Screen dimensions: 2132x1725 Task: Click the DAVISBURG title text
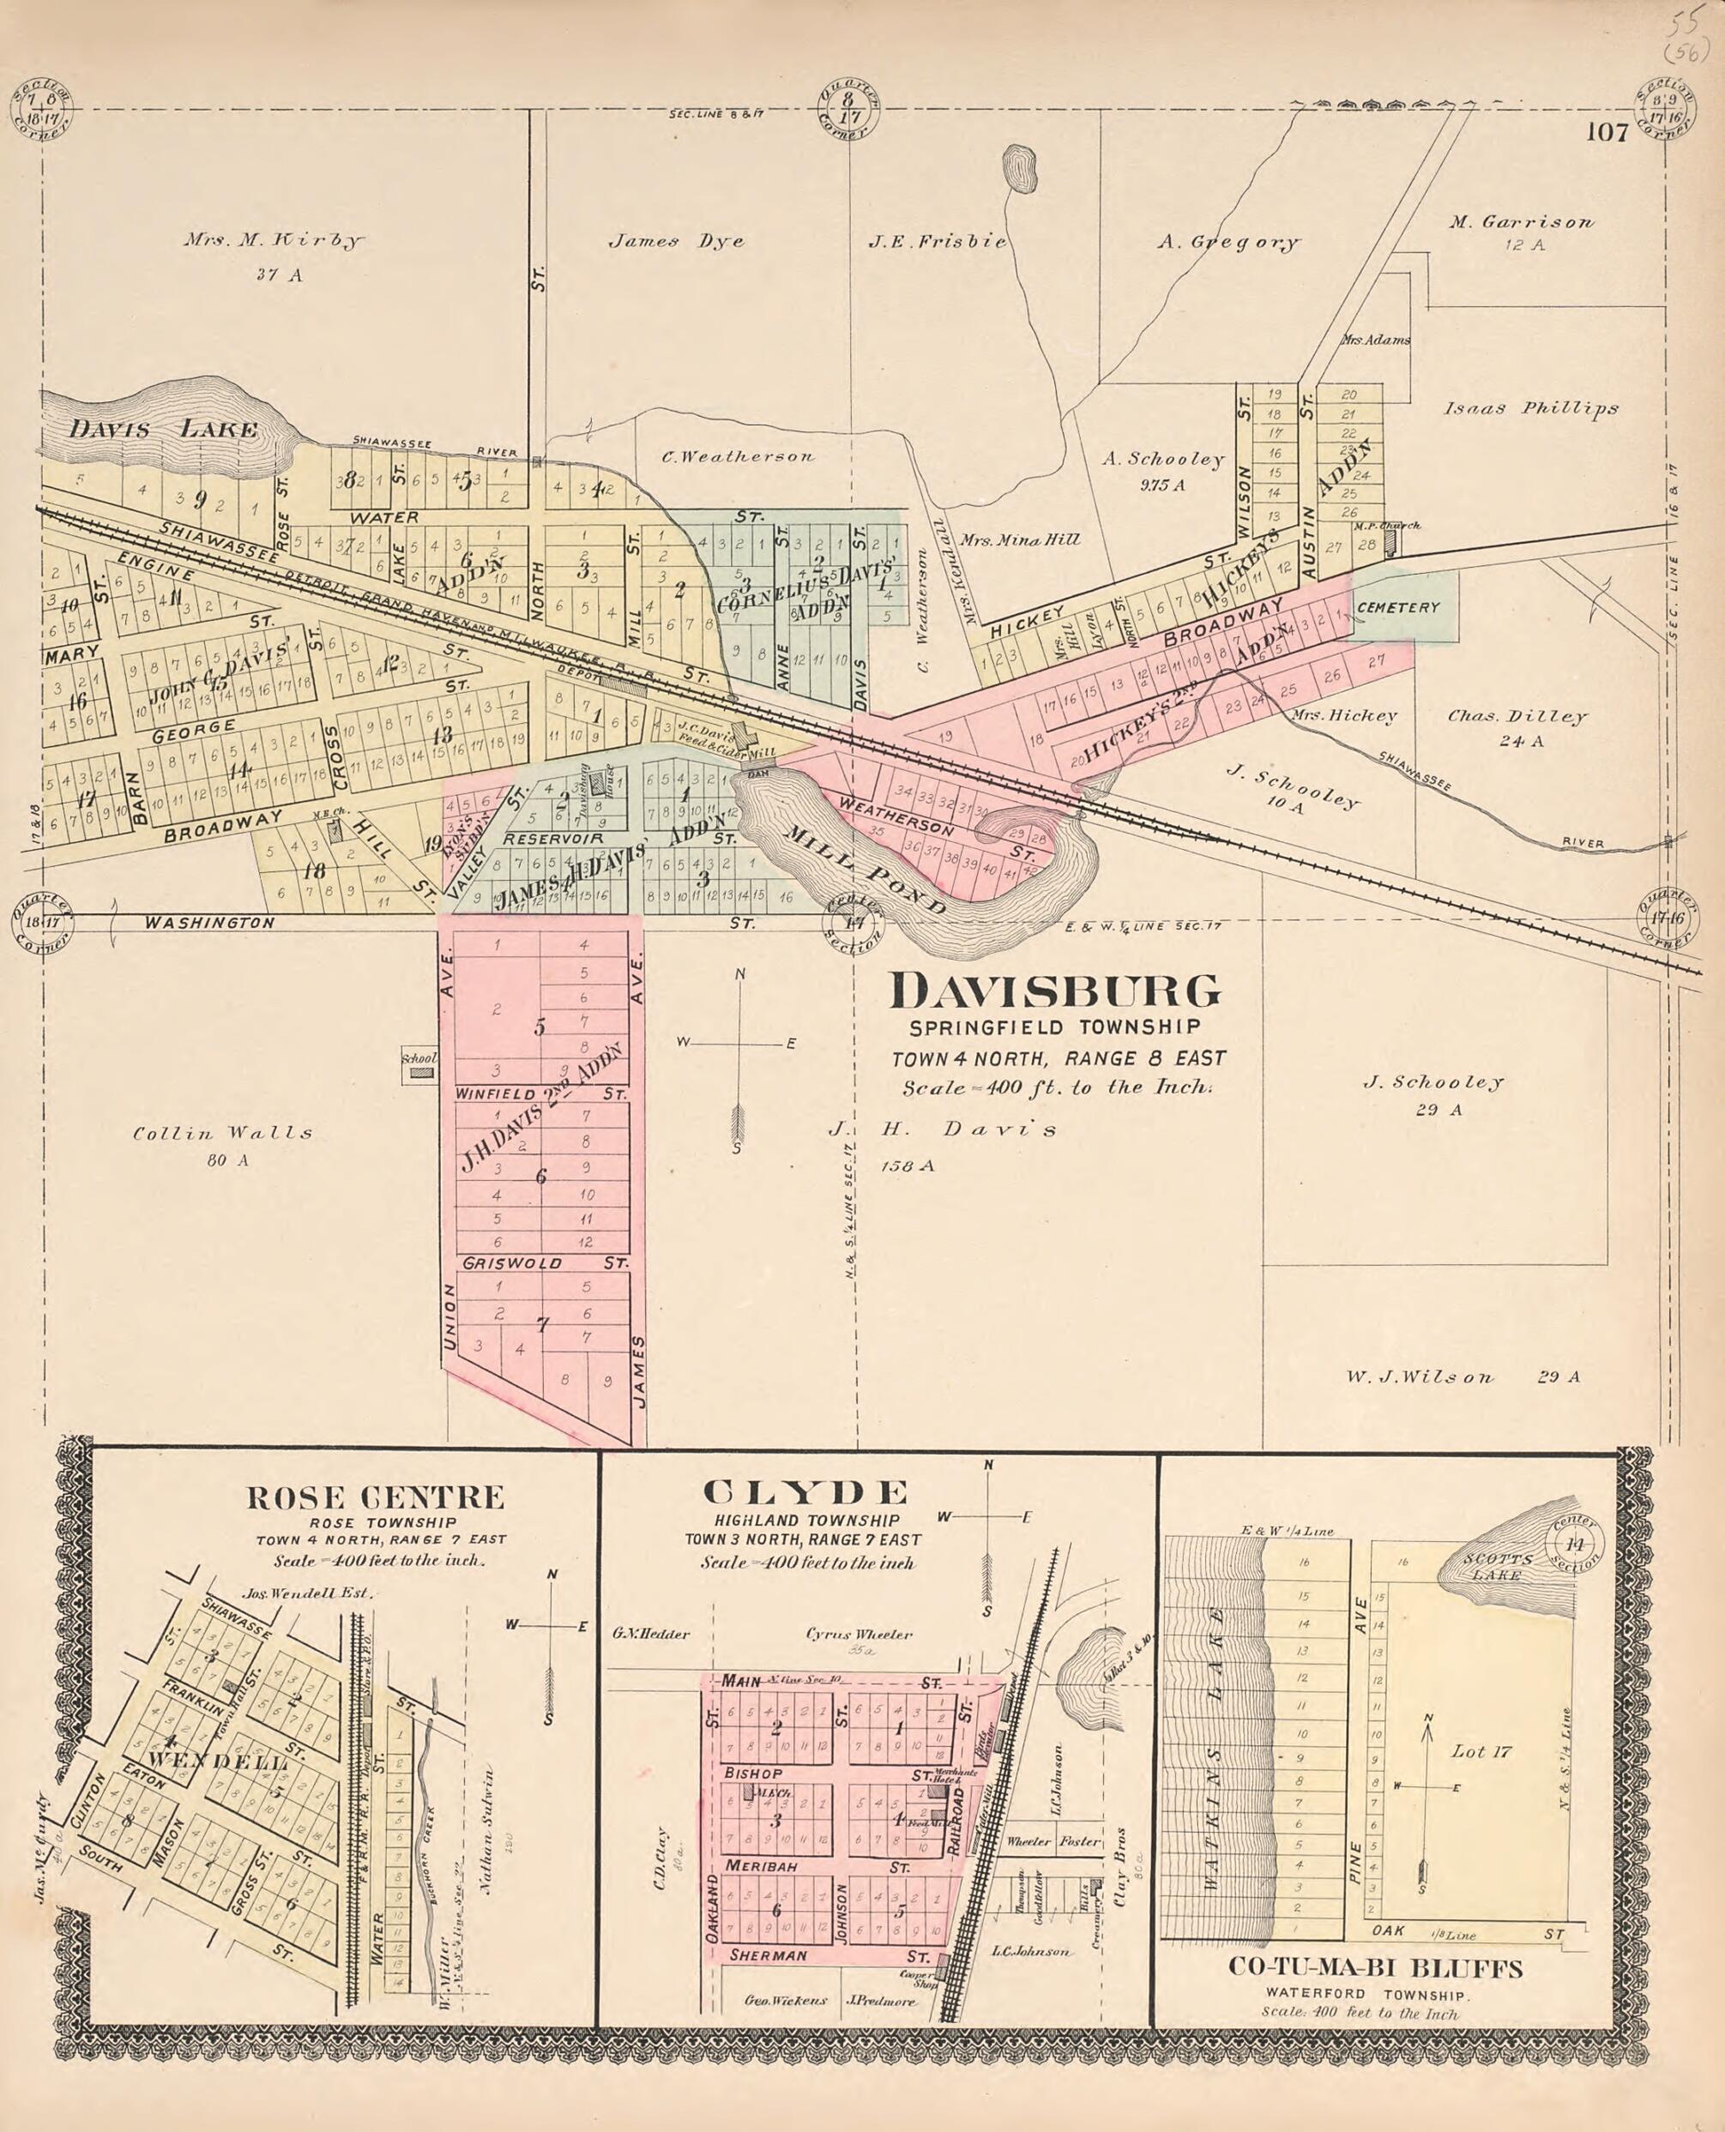click(1054, 992)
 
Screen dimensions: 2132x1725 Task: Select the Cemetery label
click(1397, 607)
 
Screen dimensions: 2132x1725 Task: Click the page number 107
click(1607, 132)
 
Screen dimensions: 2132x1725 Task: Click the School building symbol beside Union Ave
click(422, 1073)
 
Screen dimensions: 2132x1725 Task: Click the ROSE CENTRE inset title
click(376, 1497)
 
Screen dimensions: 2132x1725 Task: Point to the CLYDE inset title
click(805, 1492)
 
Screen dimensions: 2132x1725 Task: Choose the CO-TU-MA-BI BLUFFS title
click(1375, 1968)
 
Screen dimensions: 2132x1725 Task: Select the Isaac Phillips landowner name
click(1530, 408)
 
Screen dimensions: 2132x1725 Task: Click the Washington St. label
click(209, 923)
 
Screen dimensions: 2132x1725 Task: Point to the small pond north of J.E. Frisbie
click(1020, 170)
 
